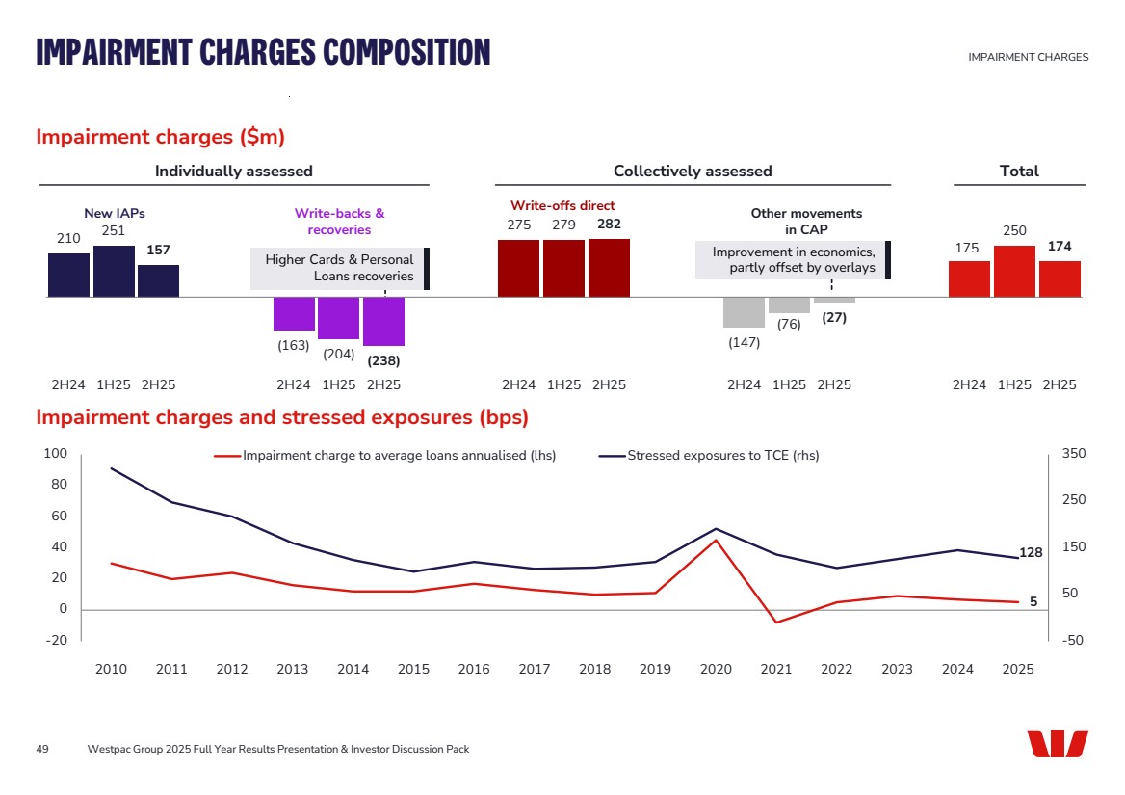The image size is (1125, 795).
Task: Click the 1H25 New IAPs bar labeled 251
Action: (x=114, y=272)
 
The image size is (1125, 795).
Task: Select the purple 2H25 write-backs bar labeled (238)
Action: (x=383, y=321)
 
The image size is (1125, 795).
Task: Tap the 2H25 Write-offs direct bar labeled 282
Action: (x=609, y=268)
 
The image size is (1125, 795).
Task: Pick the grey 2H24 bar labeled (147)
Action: (x=744, y=312)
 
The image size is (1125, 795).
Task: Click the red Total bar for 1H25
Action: (x=1014, y=272)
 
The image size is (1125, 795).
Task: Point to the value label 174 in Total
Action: (x=1060, y=247)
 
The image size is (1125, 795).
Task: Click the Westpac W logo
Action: (x=1057, y=744)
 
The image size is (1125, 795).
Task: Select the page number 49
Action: (x=42, y=749)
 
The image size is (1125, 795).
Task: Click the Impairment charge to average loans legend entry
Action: (x=385, y=456)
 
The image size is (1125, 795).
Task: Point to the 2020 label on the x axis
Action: (x=716, y=670)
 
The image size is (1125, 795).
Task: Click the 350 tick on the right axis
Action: (x=1072, y=454)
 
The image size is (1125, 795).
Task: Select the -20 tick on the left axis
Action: (x=57, y=641)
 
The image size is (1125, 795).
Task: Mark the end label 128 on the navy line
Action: (x=1031, y=553)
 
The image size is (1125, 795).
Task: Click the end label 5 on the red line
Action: (x=1033, y=601)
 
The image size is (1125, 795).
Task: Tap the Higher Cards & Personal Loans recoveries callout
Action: (x=339, y=269)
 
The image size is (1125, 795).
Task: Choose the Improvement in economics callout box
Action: (x=793, y=260)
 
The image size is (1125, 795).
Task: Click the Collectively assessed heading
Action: (x=693, y=172)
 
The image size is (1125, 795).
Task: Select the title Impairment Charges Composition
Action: (x=263, y=51)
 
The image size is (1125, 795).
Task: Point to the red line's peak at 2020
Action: (x=716, y=540)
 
